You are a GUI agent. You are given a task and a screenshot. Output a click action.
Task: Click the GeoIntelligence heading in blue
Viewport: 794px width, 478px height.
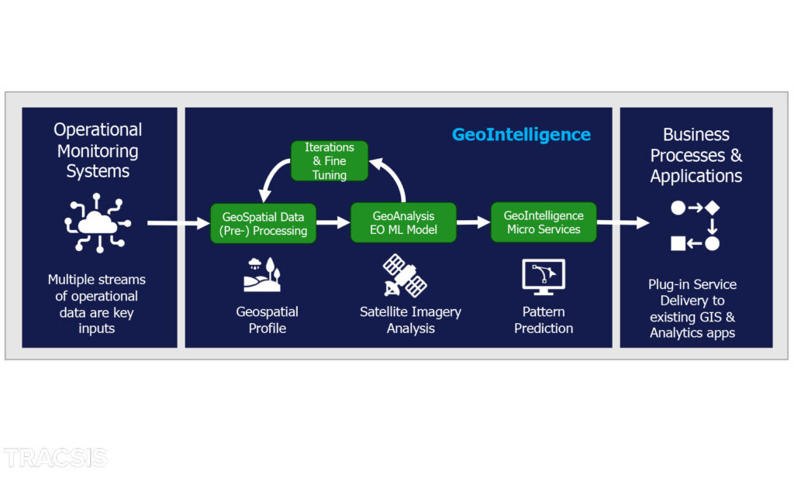pyautogui.click(x=521, y=135)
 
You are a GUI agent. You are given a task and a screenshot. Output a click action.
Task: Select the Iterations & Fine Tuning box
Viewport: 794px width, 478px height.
pyautogui.click(x=329, y=161)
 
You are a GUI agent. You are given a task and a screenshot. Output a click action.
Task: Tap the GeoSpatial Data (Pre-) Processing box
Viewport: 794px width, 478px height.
pyautogui.click(x=263, y=224)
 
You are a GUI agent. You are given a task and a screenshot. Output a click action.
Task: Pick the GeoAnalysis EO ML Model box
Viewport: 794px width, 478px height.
pyautogui.click(x=403, y=223)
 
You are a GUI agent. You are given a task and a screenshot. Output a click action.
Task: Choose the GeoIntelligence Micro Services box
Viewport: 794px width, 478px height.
pyautogui.click(x=544, y=223)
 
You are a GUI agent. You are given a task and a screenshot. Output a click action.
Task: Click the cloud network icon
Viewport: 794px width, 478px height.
pyautogui.click(x=97, y=223)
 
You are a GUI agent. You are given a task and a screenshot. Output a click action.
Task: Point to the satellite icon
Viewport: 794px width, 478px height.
pyautogui.click(x=405, y=276)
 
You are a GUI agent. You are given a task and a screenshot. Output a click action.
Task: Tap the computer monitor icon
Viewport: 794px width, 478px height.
pyautogui.click(x=544, y=277)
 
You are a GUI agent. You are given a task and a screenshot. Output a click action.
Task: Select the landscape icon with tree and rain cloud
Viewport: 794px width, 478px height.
pyautogui.click(x=262, y=275)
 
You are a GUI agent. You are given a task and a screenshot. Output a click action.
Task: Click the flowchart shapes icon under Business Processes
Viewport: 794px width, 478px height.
pyautogui.click(x=696, y=225)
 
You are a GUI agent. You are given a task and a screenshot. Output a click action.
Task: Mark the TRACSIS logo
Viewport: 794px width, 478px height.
pyautogui.click(x=55, y=458)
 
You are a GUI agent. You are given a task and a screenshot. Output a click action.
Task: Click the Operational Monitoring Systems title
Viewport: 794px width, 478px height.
pyautogui.click(x=98, y=150)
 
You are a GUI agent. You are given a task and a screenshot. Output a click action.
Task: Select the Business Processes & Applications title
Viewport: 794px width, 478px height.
pyautogui.click(x=696, y=155)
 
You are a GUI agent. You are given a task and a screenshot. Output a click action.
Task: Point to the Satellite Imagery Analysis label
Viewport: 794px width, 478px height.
pyautogui.click(x=410, y=320)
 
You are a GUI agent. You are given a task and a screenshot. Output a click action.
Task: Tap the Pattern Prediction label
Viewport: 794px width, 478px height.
pyautogui.click(x=544, y=320)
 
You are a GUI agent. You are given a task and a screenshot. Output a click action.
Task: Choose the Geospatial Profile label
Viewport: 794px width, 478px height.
pyautogui.click(x=267, y=320)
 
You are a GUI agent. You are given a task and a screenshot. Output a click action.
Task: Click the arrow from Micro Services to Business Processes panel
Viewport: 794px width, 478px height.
pyautogui.click(x=623, y=223)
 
